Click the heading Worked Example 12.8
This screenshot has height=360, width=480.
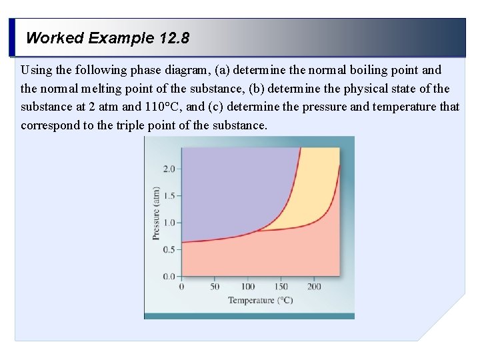pos(107,38)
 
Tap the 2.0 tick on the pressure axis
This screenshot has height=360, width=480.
pos(168,169)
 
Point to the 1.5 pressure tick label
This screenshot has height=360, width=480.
pos(168,196)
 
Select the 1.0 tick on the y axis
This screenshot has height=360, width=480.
pos(168,223)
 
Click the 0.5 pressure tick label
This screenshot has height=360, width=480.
pos(168,249)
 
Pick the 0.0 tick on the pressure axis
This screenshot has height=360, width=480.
pos(168,276)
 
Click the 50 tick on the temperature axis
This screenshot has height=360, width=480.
pos(215,287)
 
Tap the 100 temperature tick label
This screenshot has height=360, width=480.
pos(248,287)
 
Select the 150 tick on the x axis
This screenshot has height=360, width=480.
pos(281,287)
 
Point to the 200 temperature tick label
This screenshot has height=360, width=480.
pos(314,287)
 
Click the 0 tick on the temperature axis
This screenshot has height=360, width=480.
pos(182,287)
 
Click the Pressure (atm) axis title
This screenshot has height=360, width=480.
pos(156,213)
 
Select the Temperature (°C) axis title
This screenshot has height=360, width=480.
pos(260,300)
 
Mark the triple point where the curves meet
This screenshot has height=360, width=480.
pos(257,231)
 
